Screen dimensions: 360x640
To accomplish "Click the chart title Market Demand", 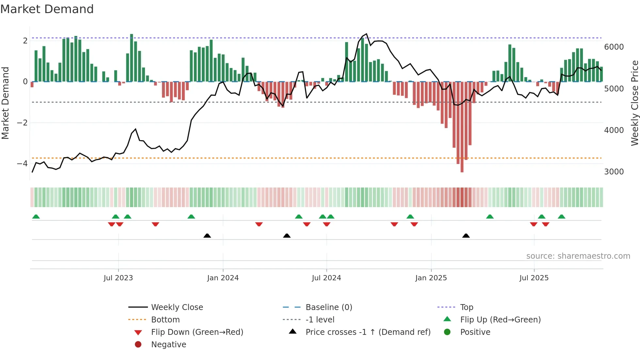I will (x=47, y=9).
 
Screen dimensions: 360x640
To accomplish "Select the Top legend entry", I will (x=466, y=307).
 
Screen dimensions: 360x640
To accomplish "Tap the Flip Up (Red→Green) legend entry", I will (x=500, y=319).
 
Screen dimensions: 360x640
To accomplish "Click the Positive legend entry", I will (x=475, y=332).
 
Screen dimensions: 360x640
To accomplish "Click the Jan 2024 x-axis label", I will (x=223, y=278).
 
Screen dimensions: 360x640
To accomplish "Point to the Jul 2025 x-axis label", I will (x=534, y=278).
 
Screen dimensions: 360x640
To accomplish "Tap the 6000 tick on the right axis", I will (x=614, y=47).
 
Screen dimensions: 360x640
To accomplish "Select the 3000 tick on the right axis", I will (x=614, y=172).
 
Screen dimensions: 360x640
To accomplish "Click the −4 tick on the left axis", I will (x=22, y=163).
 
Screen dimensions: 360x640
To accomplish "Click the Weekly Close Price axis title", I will (x=634, y=103).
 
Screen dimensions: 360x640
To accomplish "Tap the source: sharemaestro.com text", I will (x=578, y=256).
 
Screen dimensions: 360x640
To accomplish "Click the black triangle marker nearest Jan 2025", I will (x=466, y=236).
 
